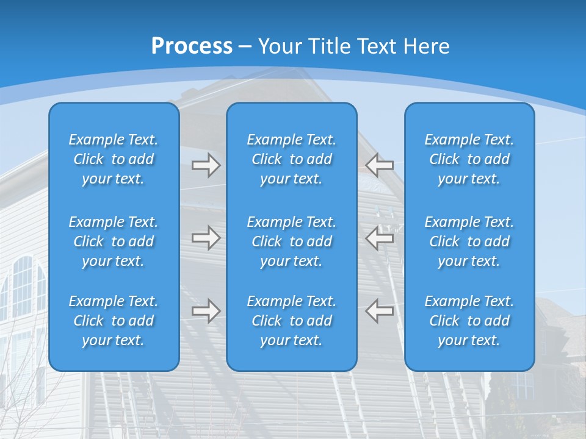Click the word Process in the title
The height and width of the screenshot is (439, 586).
(x=192, y=46)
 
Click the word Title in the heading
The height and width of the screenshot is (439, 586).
(x=327, y=46)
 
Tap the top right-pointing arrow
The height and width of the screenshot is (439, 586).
(x=206, y=165)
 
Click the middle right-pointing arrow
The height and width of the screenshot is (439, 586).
(x=206, y=238)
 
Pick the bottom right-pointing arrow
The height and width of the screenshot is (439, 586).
(x=206, y=311)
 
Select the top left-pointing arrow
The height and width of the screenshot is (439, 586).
(x=380, y=165)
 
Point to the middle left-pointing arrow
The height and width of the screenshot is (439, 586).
(x=380, y=238)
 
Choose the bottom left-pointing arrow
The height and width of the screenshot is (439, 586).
(x=380, y=311)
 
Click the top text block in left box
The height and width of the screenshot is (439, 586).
(x=114, y=159)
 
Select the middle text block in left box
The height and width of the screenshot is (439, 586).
(x=114, y=241)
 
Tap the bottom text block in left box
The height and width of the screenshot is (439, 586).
(x=114, y=321)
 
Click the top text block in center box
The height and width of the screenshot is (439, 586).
(x=291, y=159)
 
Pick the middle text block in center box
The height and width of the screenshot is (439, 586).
(x=291, y=241)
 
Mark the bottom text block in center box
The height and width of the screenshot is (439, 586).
(x=291, y=321)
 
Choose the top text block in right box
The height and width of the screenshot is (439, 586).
(x=469, y=159)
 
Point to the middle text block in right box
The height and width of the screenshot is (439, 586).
(x=469, y=241)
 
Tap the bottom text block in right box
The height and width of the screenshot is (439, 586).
(x=469, y=321)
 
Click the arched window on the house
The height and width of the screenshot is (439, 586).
(x=23, y=287)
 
